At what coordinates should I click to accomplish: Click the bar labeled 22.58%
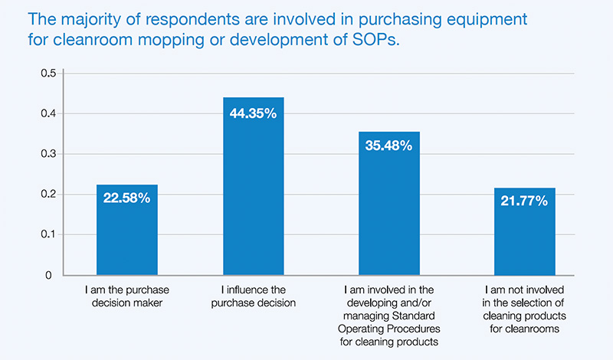pos(126,230)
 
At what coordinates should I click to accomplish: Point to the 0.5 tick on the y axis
pos(48,74)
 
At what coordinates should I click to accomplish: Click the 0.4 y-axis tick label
pos(48,114)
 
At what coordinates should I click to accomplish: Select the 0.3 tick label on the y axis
pos(48,154)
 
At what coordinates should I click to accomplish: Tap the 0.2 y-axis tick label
pos(48,195)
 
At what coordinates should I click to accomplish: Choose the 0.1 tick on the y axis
pos(48,234)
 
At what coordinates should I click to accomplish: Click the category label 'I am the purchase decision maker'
pos(126,299)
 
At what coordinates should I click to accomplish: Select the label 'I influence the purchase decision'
pos(253,299)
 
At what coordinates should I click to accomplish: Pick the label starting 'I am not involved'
pos(526,306)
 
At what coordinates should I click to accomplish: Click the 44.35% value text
pos(253,113)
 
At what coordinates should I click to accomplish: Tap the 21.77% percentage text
pos(526,201)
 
